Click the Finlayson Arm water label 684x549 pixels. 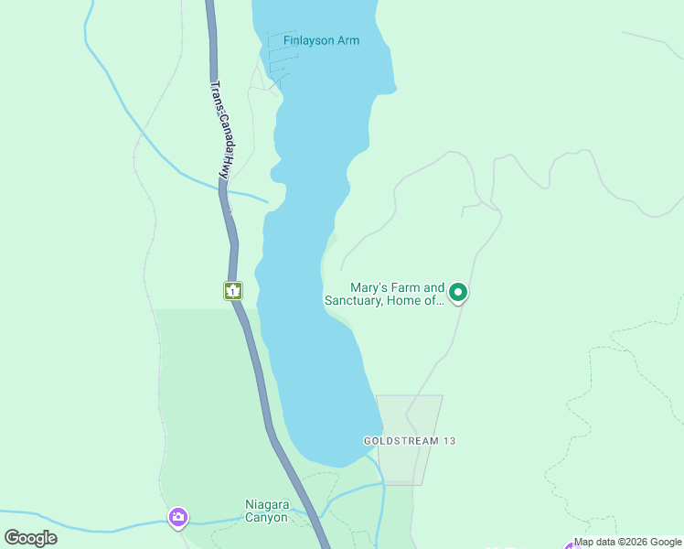point(321,40)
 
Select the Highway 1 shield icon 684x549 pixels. point(233,291)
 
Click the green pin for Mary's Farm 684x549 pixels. point(458,293)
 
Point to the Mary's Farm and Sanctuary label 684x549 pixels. point(384,293)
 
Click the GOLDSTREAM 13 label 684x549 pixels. point(409,441)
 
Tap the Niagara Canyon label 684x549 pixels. point(266,511)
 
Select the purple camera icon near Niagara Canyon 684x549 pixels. point(178,517)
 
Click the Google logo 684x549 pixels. point(31,538)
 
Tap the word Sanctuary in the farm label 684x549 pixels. point(353,300)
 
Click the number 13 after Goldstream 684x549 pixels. point(448,441)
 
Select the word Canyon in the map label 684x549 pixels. point(266,518)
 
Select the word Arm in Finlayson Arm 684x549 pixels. point(347,40)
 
